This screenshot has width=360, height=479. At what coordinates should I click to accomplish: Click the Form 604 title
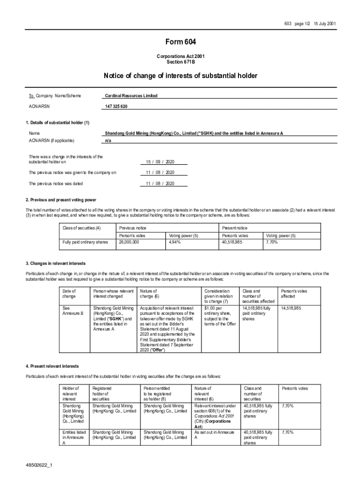180,43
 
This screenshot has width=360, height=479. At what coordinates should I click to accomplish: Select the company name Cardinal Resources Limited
131,96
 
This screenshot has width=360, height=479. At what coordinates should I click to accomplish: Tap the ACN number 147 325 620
116,107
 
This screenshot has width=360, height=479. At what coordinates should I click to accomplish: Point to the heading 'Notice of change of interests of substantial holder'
180,76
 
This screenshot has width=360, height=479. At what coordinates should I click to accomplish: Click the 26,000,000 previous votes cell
129,243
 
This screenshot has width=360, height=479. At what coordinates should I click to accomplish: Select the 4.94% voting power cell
176,243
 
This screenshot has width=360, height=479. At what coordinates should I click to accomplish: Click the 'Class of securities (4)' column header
82,227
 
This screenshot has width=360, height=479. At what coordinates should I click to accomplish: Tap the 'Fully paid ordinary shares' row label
85,243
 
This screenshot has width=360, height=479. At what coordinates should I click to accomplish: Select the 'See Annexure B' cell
72,311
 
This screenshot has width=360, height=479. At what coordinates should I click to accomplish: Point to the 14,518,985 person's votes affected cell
291,309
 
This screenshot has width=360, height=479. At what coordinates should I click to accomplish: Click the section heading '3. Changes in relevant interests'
56,264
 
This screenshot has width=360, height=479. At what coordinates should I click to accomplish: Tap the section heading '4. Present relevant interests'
52,366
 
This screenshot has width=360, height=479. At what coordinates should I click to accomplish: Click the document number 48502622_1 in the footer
40,466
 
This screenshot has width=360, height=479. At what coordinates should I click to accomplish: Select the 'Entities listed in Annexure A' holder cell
74,437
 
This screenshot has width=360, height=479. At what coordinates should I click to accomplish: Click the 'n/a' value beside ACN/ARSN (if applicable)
108,140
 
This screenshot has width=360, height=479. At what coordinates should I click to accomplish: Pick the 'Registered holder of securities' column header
102,394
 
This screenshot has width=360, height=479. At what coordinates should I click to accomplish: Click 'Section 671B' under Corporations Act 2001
180,62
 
